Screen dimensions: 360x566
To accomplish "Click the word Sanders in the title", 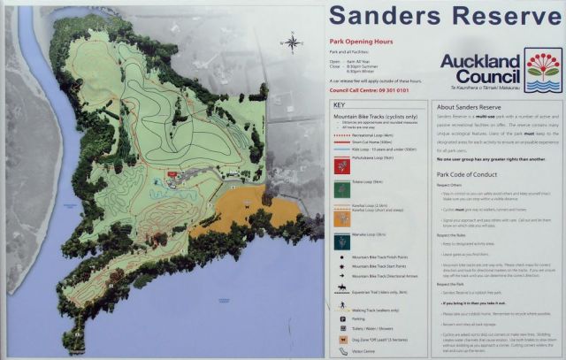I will pos(386,15).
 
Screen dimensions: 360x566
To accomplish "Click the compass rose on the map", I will pos(291,41).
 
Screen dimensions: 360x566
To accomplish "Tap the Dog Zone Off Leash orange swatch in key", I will pos(340,338).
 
